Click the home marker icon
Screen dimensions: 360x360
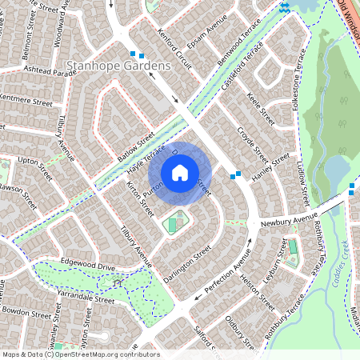[x=180, y=172]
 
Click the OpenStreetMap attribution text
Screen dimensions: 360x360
[x=80, y=354]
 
